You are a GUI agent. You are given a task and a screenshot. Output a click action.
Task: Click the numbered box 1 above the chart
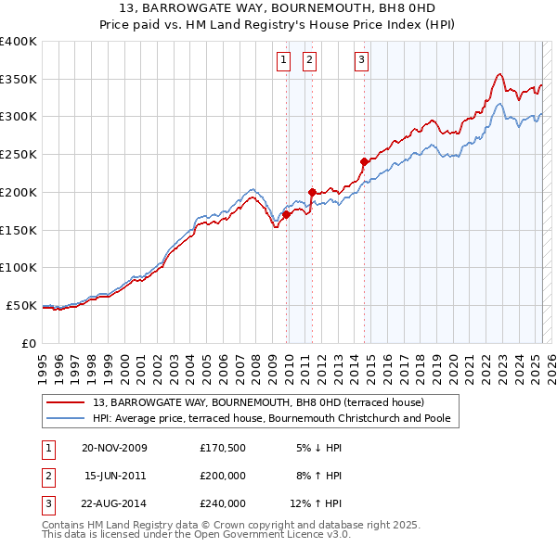(282, 61)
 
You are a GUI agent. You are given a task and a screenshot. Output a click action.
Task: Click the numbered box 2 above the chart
(308, 61)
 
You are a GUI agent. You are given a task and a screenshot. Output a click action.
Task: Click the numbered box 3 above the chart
(360, 61)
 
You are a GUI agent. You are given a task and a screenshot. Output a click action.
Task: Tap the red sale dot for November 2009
(287, 214)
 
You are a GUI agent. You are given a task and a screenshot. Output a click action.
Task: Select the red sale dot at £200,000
(312, 192)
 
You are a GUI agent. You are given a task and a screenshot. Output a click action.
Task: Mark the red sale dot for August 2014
(364, 161)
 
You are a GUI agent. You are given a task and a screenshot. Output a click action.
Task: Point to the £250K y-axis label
(19, 155)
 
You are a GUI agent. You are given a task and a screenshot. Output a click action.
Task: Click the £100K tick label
(19, 267)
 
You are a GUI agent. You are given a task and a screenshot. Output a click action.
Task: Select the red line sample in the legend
(66, 402)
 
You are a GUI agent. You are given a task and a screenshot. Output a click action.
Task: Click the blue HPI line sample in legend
(66, 418)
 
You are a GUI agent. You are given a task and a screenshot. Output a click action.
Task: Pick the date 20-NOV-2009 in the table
(115, 448)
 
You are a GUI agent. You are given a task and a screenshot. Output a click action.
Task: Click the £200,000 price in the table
(223, 476)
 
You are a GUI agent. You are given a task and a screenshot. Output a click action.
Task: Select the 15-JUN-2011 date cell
(115, 476)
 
